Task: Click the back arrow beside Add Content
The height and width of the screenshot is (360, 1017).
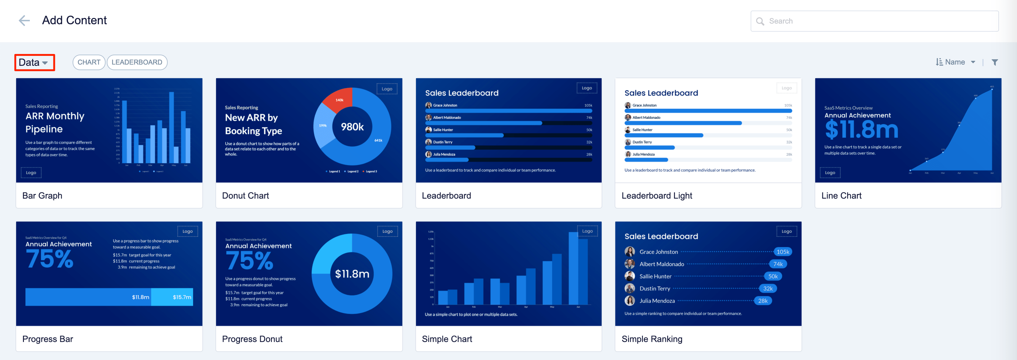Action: (x=24, y=20)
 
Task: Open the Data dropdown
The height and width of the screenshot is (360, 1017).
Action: (x=34, y=62)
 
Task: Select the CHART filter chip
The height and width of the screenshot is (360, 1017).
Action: (x=88, y=62)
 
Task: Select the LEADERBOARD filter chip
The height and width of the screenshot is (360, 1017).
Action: (x=137, y=62)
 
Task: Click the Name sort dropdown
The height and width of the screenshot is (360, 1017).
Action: (x=956, y=62)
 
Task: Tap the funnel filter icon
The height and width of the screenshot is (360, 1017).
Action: (x=995, y=62)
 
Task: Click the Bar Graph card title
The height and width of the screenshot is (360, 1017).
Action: (x=42, y=196)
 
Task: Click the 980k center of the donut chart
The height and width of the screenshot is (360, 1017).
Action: (x=352, y=127)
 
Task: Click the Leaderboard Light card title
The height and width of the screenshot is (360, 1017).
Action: (x=657, y=196)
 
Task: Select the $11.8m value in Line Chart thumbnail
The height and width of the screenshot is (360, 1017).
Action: (x=861, y=129)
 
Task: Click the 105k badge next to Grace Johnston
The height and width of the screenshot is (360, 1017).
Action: (x=783, y=252)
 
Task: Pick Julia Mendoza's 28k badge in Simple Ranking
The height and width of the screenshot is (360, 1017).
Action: (x=762, y=301)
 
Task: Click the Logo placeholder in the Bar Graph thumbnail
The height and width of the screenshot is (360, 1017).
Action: (x=31, y=173)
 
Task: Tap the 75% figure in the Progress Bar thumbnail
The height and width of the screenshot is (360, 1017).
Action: (x=50, y=259)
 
